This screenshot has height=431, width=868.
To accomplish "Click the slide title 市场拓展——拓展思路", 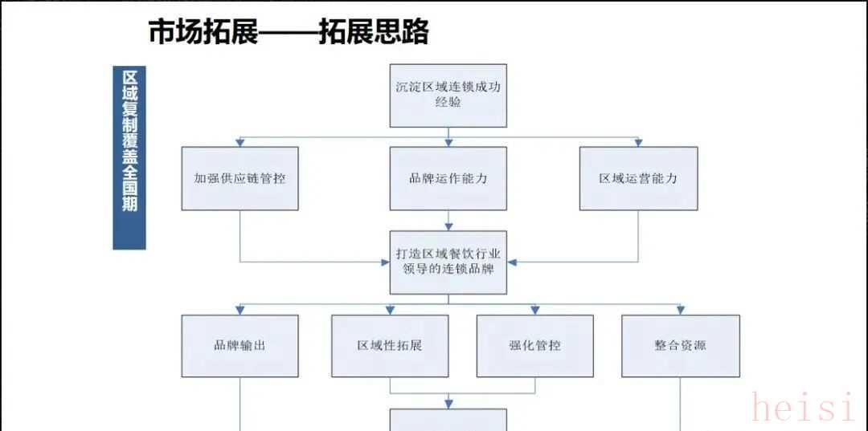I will pyautogui.click(x=289, y=31).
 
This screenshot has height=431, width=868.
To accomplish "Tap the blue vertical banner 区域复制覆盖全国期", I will pyautogui.click(x=129, y=157).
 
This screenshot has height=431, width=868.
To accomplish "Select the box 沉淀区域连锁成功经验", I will pyautogui.click(x=448, y=95).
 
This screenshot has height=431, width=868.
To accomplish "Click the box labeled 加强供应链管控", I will pyautogui.click(x=240, y=178).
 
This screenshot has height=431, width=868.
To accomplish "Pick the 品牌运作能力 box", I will pyautogui.click(x=448, y=178).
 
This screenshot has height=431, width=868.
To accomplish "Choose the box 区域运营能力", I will pyautogui.click(x=638, y=178).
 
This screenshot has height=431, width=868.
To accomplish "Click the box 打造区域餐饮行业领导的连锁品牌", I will pyautogui.click(x=448, y=262).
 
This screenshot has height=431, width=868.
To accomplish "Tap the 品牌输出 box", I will pyautogui.click(x=240, y=345).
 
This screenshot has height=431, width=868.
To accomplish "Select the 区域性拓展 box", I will pyautogui.click(x=390, y=345).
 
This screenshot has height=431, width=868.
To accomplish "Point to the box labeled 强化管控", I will pyautogui.click(x=534, y=345).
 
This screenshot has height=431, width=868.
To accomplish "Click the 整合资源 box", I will pyautogui.click(x=680, y=345).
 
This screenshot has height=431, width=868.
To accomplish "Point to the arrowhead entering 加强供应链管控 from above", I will pyautogui.click(x=240, y=142).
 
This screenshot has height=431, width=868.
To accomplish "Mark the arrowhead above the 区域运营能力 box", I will pyautogui.click(x=638, y=142).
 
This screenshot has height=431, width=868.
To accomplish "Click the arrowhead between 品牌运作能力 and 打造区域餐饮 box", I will pyautogui.click(x=448, y=226).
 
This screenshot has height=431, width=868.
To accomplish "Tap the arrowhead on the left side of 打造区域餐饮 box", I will pyautogui.click(x=385, y=262).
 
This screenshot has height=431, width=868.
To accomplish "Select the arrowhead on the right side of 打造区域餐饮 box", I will pyautogui.click(x=512, y=262).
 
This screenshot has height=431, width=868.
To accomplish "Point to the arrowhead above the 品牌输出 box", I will pyautogui.click(x=240, y=310).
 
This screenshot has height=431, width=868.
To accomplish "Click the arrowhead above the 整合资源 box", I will pyautogui.click(x=680, y=310).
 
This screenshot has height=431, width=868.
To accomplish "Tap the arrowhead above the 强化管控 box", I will pyautogui.click(x=534, y=310).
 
